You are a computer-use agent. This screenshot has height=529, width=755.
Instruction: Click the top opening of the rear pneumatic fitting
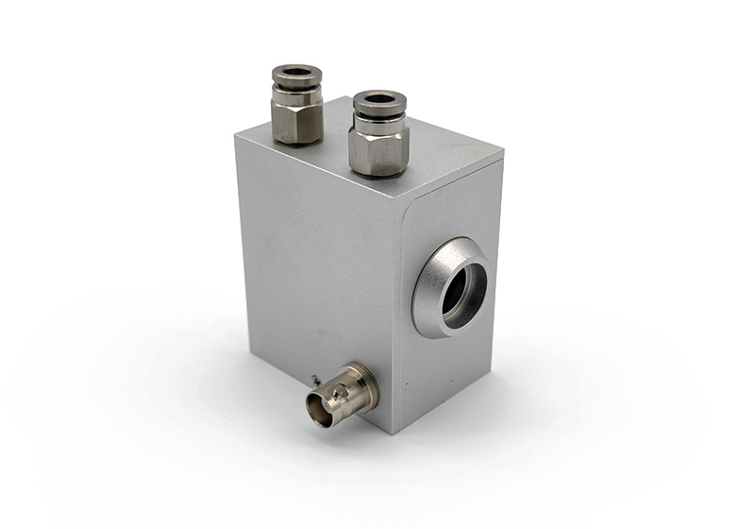click(x=296, y=72)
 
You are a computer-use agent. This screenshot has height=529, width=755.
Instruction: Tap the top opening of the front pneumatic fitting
click(x=379, y=98)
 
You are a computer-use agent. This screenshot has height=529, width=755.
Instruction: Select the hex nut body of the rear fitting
click(x=297, y=121)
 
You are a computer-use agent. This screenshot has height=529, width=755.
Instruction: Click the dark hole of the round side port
click(x=464, y=291)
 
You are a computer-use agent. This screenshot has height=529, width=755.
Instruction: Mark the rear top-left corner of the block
click(x=235, y=136)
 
